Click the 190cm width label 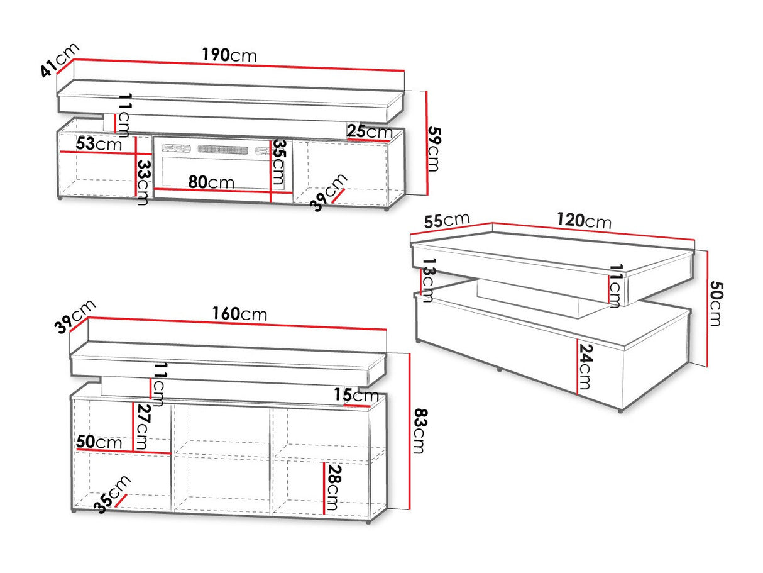(x=229, y=55)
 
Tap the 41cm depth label (x=60, y=60)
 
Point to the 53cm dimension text (x=99, y=143)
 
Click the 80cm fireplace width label (x=211, y=182)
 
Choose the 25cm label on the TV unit (x=370, y=131)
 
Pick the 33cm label (x=143, y=182)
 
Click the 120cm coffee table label (x=584, y=221)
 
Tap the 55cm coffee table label (x=447, y=220)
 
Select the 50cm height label (x=716, y=304)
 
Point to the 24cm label (x=585, y=367)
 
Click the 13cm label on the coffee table (x=428, y=280)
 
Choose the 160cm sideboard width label (x=239, y=314)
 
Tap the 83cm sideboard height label (x=419, y=431)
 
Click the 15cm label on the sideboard (x=356, y=395)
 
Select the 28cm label (x=333, y=487)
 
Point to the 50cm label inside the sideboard (x=99, y=442)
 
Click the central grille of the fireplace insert (x=223, y=150)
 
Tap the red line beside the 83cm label (x=410, y=431)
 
